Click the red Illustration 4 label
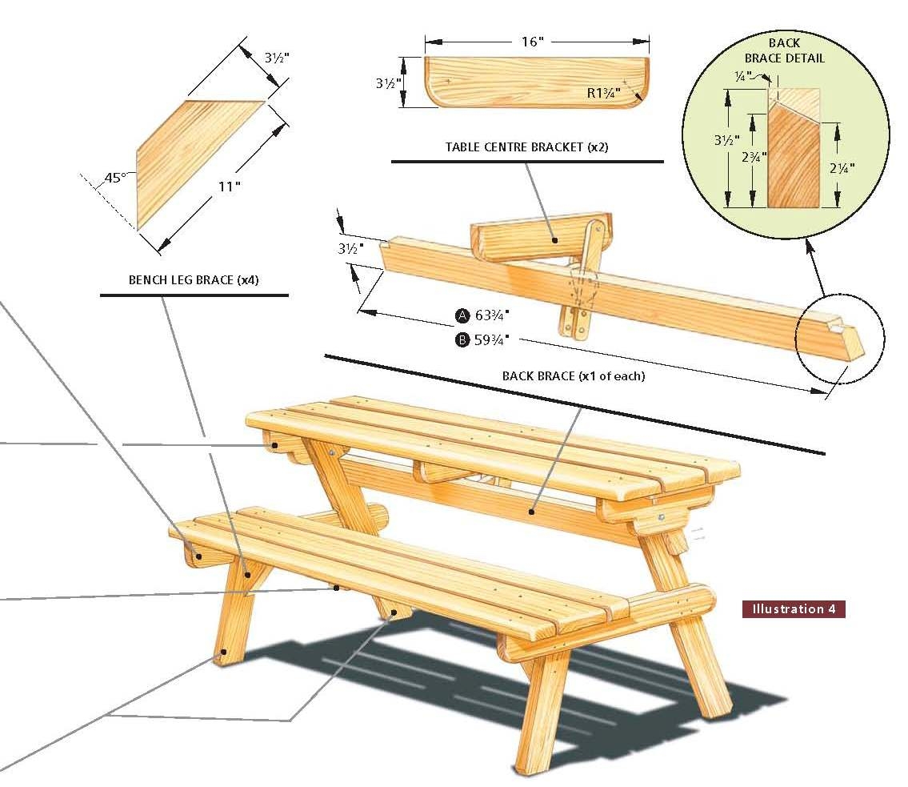coord(793,609)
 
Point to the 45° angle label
coord(113,177)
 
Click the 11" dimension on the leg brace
coord(229,187)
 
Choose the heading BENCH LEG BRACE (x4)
coord(194,280)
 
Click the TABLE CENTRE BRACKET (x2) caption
coord(526,147)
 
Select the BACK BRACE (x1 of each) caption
coord(573,375)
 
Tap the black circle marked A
coord(462,315)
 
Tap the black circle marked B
coord(462,340)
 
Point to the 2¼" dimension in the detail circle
coord(842,168)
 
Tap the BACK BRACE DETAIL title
coord(784,50)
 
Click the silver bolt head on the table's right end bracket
coord(662,518)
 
